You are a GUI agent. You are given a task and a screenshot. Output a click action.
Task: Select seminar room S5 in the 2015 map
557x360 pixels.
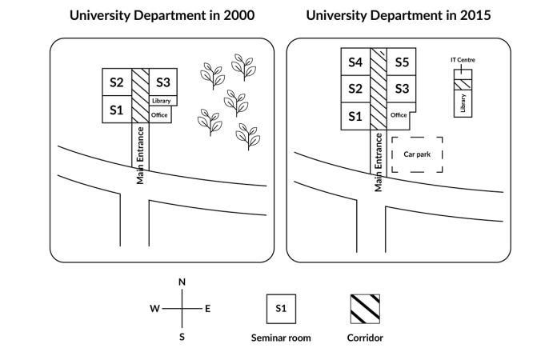[403, 62]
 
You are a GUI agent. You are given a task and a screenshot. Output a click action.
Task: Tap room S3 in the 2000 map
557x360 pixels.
[163, 82]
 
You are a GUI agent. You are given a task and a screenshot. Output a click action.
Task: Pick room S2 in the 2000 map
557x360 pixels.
[117, 82]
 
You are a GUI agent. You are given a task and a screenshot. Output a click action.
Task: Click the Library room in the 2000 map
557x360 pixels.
[161, 101]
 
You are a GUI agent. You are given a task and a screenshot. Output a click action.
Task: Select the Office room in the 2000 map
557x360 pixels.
[159, 115]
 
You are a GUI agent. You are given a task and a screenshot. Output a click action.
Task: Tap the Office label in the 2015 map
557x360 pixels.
[399, 115]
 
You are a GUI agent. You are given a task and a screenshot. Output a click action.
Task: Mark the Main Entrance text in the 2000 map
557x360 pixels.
[140, 155]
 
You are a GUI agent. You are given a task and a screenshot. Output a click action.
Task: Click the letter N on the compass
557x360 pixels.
[182, 282]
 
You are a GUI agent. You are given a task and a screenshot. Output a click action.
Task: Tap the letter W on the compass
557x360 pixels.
[154, 309]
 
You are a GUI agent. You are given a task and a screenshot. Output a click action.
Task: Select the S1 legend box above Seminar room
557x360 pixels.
[281, 308]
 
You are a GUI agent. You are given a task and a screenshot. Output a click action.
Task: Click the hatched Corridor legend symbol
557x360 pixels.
[364, 308]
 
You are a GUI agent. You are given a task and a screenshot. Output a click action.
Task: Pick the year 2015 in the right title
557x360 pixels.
[475, 15]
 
